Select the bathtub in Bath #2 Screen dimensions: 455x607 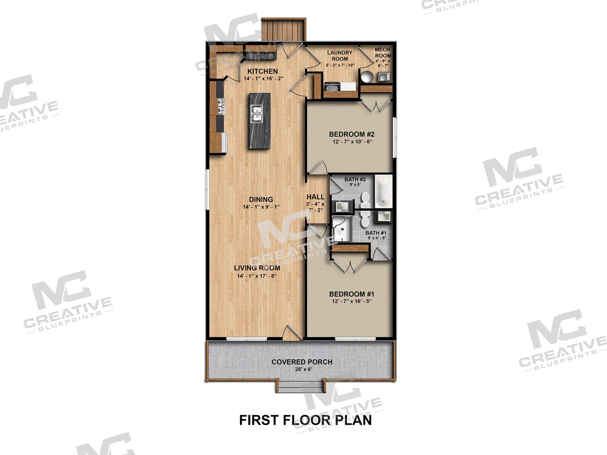[383, 191]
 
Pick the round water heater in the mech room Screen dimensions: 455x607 [367, 77]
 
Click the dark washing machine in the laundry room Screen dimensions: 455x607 [332, 87]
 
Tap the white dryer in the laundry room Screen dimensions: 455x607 [348, 87]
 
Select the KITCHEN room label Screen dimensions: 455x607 [263, 71]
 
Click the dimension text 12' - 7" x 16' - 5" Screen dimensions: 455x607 [349, 301]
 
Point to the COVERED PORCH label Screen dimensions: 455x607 [302, 362]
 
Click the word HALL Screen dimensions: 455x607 [315, 197]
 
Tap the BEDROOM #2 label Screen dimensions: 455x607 [351, 134]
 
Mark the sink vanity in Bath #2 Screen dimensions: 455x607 [341, 207]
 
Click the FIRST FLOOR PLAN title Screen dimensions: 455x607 [305, 420]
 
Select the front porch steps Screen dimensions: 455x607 [300, 387]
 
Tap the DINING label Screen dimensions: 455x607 [261, 199]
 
